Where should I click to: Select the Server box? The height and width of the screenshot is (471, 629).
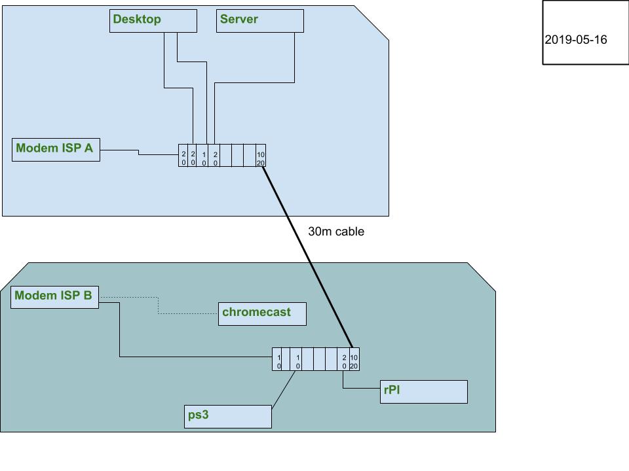point(260,20)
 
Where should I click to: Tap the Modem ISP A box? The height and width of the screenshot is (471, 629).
point(56,149)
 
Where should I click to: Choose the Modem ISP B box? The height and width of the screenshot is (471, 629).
point(55,296)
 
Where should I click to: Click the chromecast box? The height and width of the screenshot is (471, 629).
point(263,313)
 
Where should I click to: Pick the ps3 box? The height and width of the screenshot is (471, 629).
point(228,417)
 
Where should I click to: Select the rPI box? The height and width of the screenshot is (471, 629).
point(423,392)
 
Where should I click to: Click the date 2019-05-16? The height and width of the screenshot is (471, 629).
point(575,40)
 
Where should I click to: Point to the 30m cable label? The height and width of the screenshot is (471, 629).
point(335,232)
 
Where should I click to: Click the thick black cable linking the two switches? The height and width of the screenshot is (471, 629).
point(307,256)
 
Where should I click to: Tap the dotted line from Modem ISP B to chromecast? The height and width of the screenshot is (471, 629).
point(159,306)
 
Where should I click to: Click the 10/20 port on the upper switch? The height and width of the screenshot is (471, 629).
point(261,156)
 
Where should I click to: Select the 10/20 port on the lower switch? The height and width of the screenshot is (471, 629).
point(354,359)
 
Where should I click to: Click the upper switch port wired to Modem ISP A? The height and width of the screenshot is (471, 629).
point(183,156)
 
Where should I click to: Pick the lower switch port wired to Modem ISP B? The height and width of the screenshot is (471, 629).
point(278,359)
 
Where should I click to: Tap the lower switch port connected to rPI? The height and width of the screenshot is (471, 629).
point(344,359)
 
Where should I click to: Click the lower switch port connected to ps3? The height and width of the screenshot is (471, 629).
point(297,359)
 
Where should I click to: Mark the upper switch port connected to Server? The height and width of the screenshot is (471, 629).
point(216,156)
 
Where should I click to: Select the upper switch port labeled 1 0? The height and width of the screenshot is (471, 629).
point(204,156)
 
